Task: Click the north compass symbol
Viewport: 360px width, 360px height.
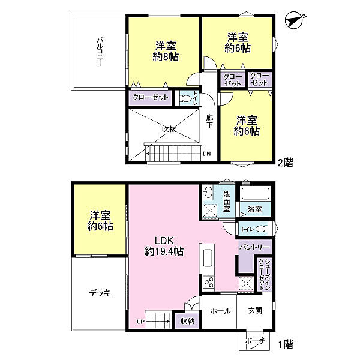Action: (x=295, y=20)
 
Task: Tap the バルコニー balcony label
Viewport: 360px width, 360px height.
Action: (x=100, y=52)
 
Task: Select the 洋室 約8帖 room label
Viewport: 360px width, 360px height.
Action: (x=166, y=51)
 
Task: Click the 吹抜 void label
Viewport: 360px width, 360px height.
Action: (x=169, y=129)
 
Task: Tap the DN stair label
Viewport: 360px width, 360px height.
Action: (x=206, y=154)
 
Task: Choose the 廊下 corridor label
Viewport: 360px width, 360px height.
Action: (x=209, y=121)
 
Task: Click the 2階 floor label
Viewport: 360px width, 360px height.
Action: (x=286, y=163)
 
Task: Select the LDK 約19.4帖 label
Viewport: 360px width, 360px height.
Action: (x=164, y=246)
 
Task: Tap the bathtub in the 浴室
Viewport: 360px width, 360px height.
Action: (x=256, y=194)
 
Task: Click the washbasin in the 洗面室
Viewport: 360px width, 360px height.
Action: (x=208, y=192)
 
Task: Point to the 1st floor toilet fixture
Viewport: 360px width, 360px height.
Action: (x=262, y=229)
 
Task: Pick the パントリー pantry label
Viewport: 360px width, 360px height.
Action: (x=254, y=247)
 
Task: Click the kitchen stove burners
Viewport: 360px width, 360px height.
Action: (x=208, y=282)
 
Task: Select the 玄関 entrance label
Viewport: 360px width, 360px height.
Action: (x=255, y=311)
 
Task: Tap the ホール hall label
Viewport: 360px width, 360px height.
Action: (x=220, y=311)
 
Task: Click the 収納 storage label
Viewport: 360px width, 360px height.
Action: (x=187, y=321)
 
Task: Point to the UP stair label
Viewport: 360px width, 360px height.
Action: (x=140, y=322)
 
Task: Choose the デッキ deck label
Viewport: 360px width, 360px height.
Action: (x=100, y=293)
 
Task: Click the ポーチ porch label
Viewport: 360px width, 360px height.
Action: (x=256, y=341)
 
